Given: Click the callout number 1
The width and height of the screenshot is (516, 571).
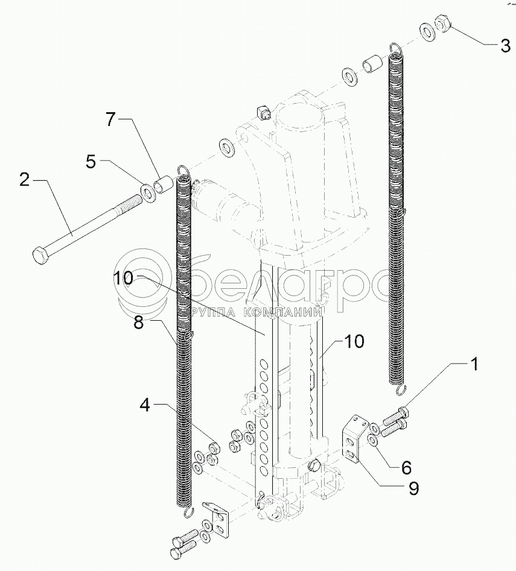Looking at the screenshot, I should click(x=475, y=364).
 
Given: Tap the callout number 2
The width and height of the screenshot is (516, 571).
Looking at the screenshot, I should click(x=25, y=180).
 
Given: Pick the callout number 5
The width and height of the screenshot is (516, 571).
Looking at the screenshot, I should click(x=91, y=161).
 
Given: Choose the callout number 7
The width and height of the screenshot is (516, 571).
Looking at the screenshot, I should click(x=110, y=119).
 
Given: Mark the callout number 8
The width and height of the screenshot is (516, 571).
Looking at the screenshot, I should click(x=139, y=323).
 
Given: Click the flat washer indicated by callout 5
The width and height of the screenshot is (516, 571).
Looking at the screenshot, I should click(x=147, y=193).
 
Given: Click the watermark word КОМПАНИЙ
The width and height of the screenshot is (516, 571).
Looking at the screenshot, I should click(x=281, y=312).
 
